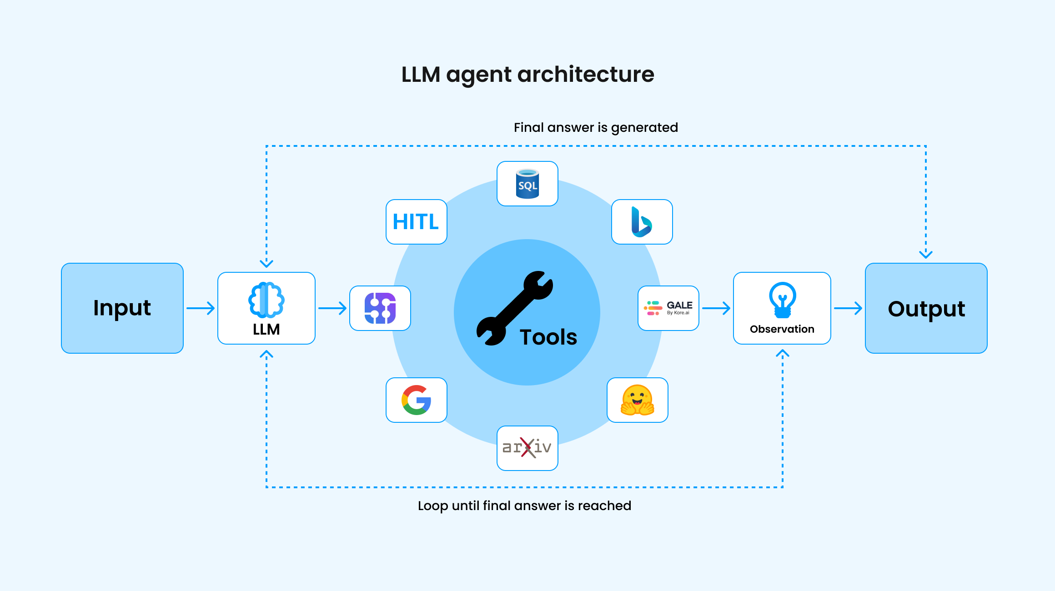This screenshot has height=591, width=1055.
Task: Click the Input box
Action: [x=122, y=308]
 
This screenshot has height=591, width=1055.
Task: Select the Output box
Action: [x=926, y=308]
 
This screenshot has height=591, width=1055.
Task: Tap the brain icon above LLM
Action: [x=266, y=300]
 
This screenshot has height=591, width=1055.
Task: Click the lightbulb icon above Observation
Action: [x=782, y=300]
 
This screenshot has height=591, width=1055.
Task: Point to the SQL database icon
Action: [x=527, y=184]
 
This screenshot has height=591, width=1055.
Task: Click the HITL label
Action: [x=416, y=222]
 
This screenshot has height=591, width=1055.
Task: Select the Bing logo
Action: [x=642, y=222]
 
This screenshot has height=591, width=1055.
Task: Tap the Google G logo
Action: [x=416, y=400]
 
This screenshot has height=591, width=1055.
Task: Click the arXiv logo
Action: [x=527, y=448]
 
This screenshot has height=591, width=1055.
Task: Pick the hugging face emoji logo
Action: [x=638, y=400]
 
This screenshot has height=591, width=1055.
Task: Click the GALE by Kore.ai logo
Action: [x=668, y=308]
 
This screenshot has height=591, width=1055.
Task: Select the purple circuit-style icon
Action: [x=380, y=308]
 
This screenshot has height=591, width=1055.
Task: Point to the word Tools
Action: [x=548, y=337]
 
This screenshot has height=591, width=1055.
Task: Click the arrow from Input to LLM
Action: [x=201, y=308]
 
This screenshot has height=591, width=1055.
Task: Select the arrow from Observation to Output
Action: [x=848, y=308]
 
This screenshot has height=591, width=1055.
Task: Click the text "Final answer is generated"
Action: [x=596, y=127]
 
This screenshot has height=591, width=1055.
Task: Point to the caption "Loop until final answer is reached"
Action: [x=524, y=506]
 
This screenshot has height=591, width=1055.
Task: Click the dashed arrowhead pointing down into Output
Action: [x=926, y=254]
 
